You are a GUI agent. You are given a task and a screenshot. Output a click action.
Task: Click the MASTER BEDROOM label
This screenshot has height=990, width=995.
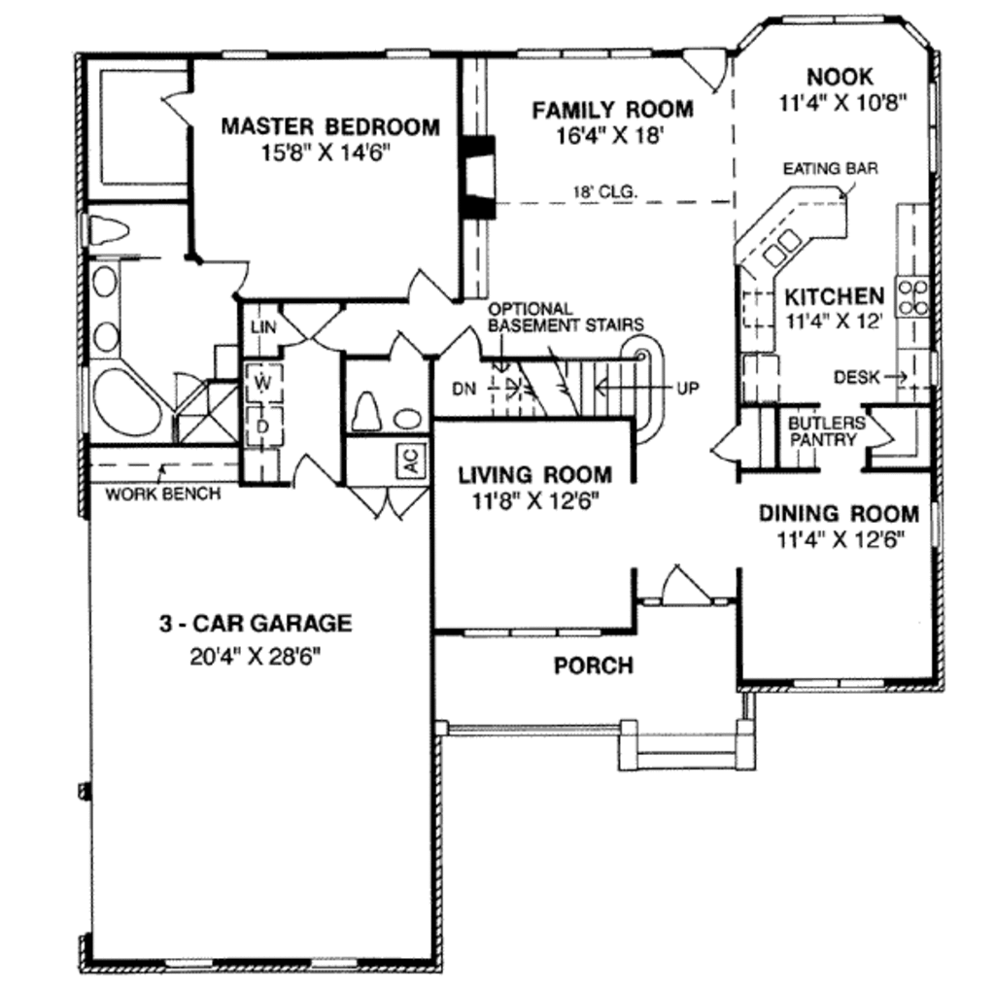[x=329, y=126]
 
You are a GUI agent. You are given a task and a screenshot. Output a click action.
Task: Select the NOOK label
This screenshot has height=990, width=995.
[x=841, y=76]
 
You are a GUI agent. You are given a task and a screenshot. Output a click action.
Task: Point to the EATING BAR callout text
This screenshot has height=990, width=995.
[x=831, y=168]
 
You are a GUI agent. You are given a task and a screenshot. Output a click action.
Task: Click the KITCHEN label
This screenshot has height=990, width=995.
[x=835, y=295]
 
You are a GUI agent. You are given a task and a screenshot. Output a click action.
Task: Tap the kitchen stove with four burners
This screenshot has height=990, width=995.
[x=914, y=295]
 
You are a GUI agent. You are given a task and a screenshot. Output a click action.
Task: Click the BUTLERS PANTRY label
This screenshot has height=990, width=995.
[x=825, y=431]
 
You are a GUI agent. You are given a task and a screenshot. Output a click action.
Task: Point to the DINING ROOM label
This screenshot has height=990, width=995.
[x=838, y=513]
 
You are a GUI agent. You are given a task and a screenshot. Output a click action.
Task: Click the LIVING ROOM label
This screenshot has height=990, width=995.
[x=535, y=475]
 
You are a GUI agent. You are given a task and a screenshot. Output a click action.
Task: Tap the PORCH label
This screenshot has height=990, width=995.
[x=593, y=666]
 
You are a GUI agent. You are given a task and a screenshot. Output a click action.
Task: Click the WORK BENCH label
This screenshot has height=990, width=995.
[x=162, y=493]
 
